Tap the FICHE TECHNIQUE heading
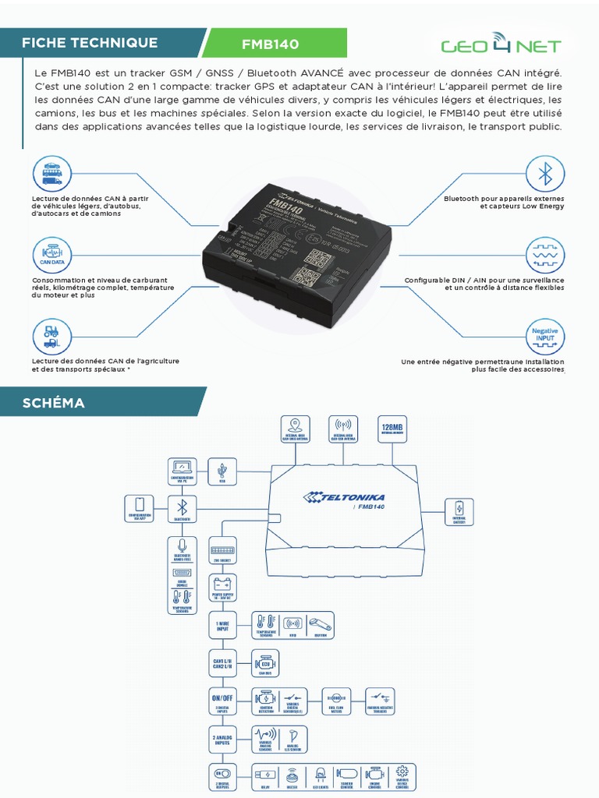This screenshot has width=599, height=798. (x=90, y=43)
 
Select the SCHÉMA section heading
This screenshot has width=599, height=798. (x=54, y=403)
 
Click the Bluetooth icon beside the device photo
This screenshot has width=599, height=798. (x=545, y=174)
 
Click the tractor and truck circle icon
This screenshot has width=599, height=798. (x=51, y=337)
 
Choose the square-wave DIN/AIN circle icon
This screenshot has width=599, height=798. (x=545, y=256)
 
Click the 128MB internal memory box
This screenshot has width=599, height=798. (x=392, y=431)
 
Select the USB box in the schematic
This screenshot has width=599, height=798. (x=223, y=471)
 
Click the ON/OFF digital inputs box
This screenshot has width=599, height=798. (x=222, y=701)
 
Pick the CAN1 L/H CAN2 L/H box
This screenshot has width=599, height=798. (x=222, y=663)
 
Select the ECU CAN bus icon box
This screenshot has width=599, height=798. (x=263, y=663)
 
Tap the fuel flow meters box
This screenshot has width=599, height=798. (x=337, y=701)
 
